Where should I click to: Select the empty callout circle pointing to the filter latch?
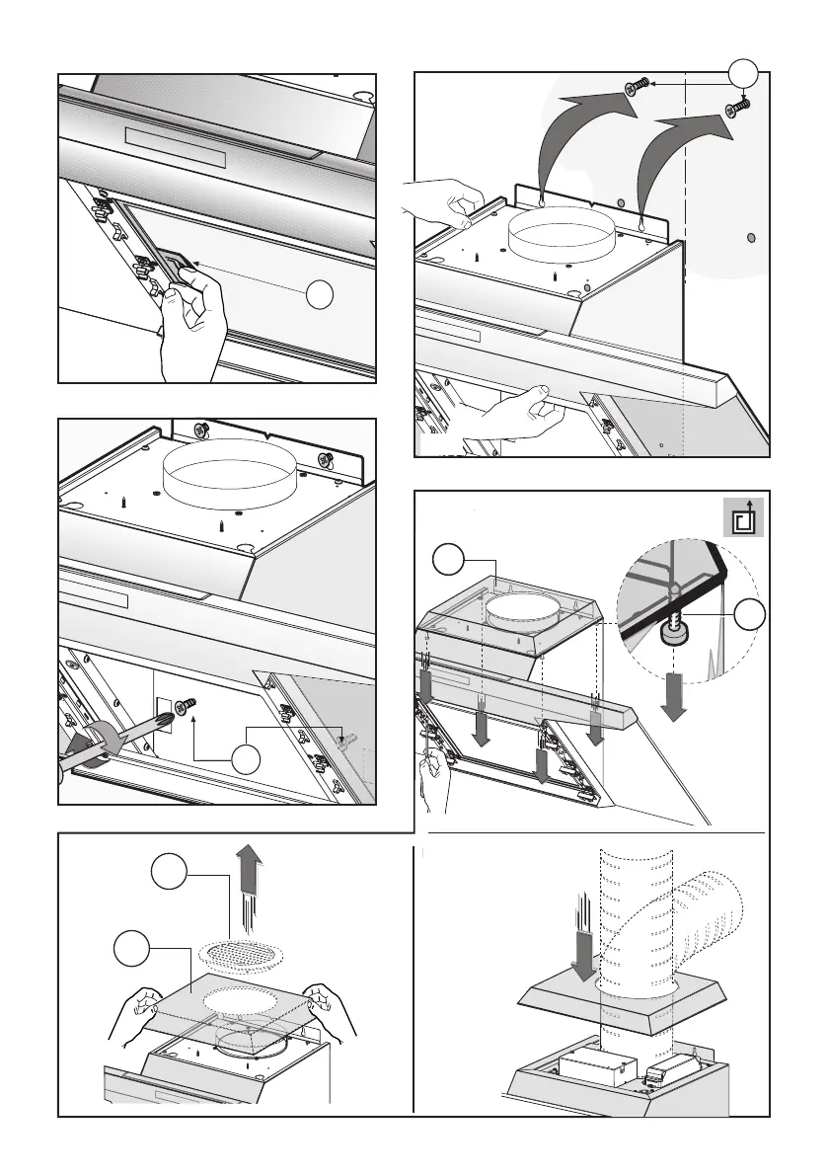click(317, 294)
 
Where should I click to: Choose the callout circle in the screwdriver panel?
click(246, 760)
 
